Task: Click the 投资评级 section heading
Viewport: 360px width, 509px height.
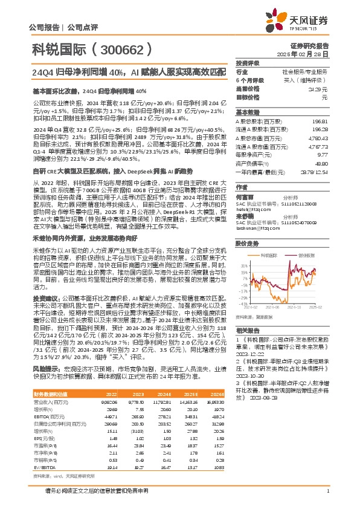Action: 248,63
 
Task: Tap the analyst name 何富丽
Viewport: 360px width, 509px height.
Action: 245,181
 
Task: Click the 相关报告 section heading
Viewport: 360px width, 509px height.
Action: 248,331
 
